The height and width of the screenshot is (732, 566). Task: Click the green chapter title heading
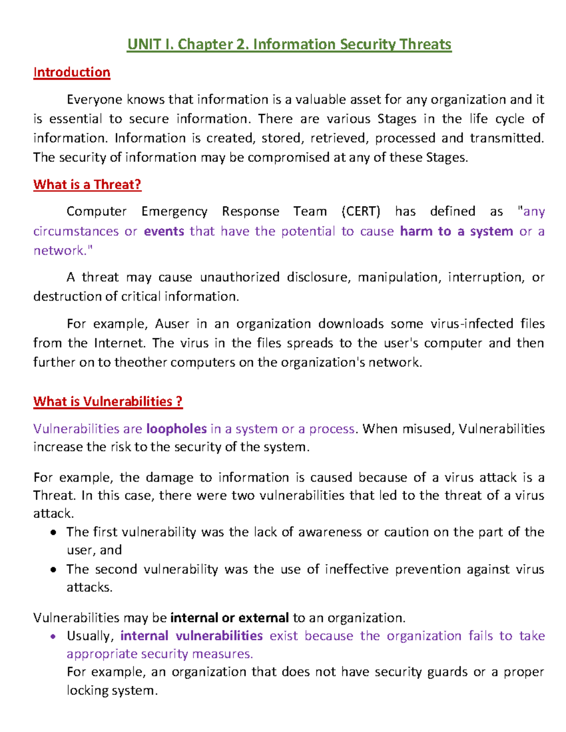click(x=289, y=44)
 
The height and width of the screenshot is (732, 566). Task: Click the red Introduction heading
click(x=72, y=72)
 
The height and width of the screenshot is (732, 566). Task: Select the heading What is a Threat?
click(x=87, y=184)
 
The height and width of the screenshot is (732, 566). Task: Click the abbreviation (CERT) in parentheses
click(x=361, y=211)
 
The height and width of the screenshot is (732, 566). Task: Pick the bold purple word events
click(x=164, y=231)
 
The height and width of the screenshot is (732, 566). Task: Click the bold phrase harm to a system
click(x=456, y=231)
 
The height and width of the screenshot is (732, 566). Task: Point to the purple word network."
click(x=63, y=250)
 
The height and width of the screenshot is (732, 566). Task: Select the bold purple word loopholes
click(x=176, y=428)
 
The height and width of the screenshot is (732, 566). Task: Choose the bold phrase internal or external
click(x=229, y=617)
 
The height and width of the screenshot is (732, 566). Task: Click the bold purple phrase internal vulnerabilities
click(x=191, y=636)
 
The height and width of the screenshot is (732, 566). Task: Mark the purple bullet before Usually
click(x=53, y=637)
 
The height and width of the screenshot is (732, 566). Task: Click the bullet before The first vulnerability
click(x=54, y=533)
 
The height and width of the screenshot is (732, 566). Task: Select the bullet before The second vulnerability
click(x=54, y=570)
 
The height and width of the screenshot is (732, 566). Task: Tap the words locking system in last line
click(x=111, y=691)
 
